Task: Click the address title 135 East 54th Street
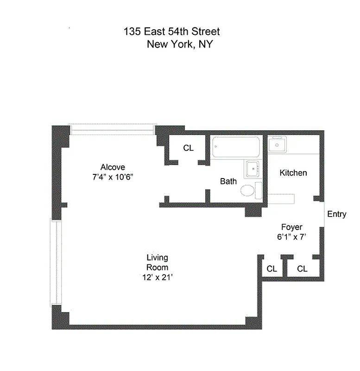pos(171,32)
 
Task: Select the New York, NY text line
pos(180,45)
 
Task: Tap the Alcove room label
pos(113,167)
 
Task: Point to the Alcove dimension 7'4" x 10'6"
pos(113,177)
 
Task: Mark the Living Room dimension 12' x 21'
pos(157,277)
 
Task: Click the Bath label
pos(228,181)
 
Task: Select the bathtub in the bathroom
pos(237,147)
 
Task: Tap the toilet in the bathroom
pos(248,190)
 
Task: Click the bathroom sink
pos(253,168)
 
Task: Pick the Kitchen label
pos(293,173)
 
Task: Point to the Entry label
pos(336,214)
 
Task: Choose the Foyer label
pos(292,227)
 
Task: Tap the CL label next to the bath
pos(188,148)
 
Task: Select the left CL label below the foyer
pos(272,269)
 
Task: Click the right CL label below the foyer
pos(302,269)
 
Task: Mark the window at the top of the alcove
pos(113,129)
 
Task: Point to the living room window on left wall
pos(56,262)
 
